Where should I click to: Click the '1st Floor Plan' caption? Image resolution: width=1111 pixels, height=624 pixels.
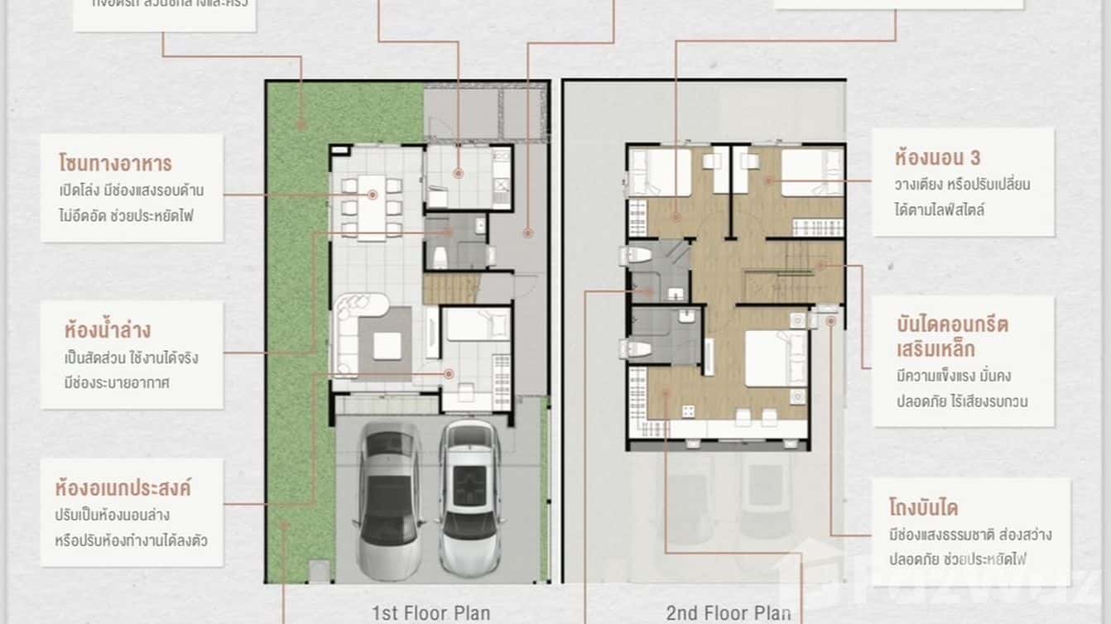[x=430, y=613]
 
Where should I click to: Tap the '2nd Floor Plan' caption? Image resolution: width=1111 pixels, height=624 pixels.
[x=728, y=613]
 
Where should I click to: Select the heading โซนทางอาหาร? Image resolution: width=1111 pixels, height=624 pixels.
[x=115, y=161]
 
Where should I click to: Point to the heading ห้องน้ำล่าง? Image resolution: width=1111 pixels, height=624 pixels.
[x=108, y=330]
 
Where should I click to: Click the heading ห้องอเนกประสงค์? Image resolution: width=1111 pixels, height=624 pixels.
[x=123, y=487]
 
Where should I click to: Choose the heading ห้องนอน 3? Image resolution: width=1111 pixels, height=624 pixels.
[x=937, y=156]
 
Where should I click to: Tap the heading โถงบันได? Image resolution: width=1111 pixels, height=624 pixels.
[x=923, y=506]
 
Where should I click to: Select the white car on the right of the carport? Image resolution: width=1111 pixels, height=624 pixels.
[x=470, y=497]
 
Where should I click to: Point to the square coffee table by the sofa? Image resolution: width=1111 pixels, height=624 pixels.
[x=387, y=345]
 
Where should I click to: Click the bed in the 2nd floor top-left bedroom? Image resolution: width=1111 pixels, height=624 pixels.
[x=660, y=172]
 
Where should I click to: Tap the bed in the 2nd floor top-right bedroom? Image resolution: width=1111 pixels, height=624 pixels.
[x=811, y=172]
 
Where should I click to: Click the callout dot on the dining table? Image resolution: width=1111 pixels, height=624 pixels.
[x=373, y=194]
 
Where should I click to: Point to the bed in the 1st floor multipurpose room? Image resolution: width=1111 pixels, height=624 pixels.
[x=476, y=324]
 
